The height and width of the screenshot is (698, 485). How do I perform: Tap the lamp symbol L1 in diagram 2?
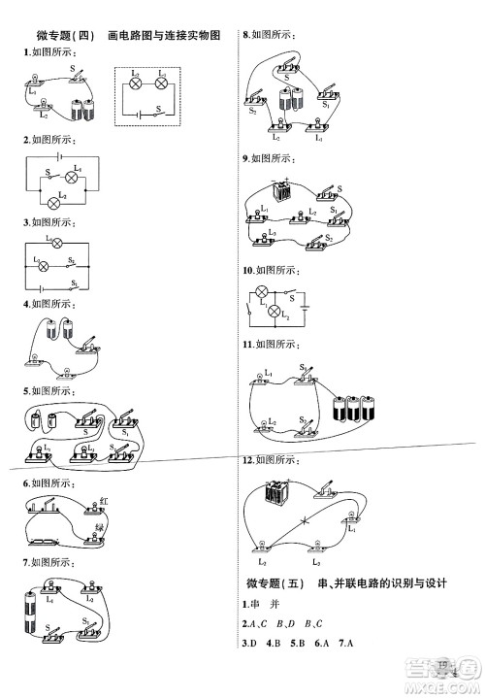(x=71, y=177)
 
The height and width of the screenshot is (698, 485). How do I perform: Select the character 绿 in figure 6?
(x=99, y=527)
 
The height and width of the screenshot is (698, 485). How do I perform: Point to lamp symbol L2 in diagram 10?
(x=274, y=312)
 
